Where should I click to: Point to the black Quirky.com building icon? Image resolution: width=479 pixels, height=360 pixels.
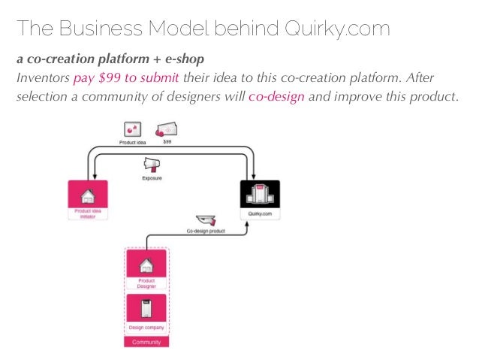(x=259, y=195)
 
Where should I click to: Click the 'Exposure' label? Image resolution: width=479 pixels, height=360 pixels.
(x=152, y=179)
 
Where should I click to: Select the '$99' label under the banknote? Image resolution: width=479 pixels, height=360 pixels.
(x=167, y=141)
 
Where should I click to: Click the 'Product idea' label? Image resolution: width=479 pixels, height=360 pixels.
(x=131, y=141)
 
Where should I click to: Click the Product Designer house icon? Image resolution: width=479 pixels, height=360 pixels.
(x=146, y=264)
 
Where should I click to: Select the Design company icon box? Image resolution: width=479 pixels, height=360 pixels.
(x=146, y=308)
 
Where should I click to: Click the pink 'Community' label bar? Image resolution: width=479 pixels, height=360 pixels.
(x=146, y=341)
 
